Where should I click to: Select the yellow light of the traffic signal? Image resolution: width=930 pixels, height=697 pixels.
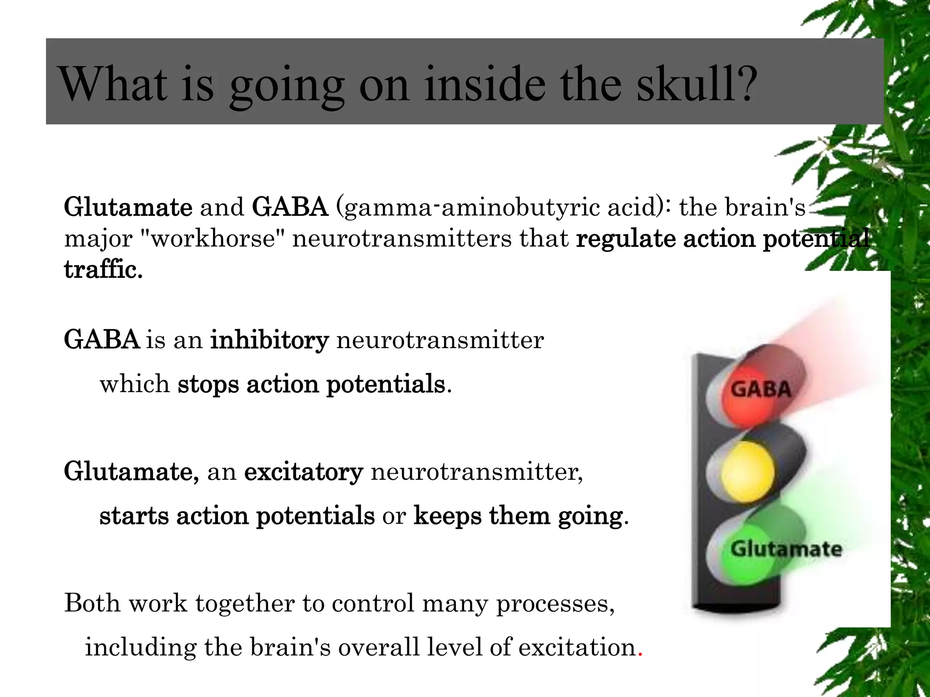747,472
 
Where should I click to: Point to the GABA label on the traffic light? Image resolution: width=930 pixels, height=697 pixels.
761,389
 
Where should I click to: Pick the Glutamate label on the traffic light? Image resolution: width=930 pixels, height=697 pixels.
786,549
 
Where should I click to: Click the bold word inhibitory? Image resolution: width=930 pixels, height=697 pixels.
269,340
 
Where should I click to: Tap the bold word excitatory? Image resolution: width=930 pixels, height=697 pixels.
303,472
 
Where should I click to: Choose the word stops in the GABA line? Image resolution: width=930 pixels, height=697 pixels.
208,384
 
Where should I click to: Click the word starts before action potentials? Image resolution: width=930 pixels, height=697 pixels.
134,516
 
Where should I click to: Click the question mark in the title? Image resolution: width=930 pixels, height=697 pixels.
745,84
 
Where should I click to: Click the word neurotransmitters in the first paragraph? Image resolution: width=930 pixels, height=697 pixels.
402,239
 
